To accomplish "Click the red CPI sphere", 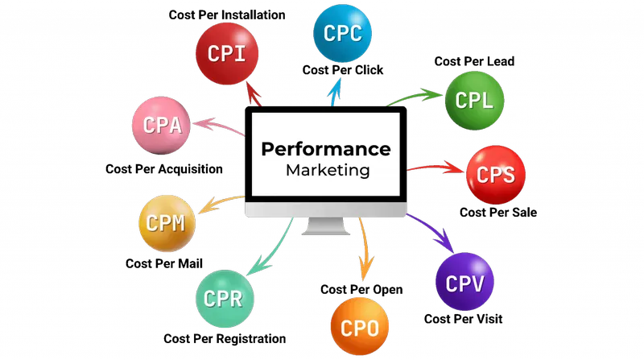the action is tap(227, 54).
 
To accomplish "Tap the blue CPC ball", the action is tap(342, 33).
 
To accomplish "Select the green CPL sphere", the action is tap(474, 101).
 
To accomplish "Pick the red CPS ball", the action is tap(496, 175).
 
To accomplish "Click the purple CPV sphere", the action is tap(464, 282).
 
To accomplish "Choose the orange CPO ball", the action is tap(359, 327).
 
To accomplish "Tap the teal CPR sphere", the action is tap(225, 299).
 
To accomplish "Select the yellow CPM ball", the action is tap(167, 223).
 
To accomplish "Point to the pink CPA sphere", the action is tap(162, 126).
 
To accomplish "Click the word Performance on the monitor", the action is tap(326, 150).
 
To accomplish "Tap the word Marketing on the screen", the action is tap(328, 170).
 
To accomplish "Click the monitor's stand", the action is tap(326, 226).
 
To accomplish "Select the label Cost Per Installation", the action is tap(227, 14).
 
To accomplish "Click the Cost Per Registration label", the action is tap(225, 338).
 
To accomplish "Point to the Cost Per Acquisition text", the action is tap(164, 169).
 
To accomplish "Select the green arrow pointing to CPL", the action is tap(415, 97).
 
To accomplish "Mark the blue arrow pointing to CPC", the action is tap(335, 92).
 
